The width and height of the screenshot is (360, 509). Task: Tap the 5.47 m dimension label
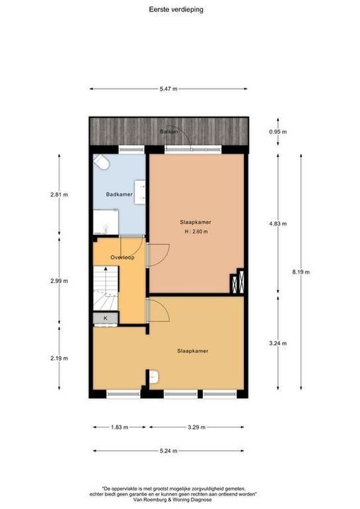[x=168, y=88]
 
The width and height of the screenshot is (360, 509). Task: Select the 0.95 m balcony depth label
[x=277, y=131]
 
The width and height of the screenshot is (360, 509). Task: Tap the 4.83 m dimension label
[x=277, y=223]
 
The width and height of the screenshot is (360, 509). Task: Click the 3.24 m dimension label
[x=277, y=343]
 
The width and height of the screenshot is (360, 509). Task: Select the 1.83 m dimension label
[x=120, y=428]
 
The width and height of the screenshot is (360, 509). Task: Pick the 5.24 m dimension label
[x=168, y=450]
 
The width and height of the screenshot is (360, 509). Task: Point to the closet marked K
[x=105, y=318]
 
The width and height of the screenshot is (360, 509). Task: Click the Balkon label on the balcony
[x=168, y=132]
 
